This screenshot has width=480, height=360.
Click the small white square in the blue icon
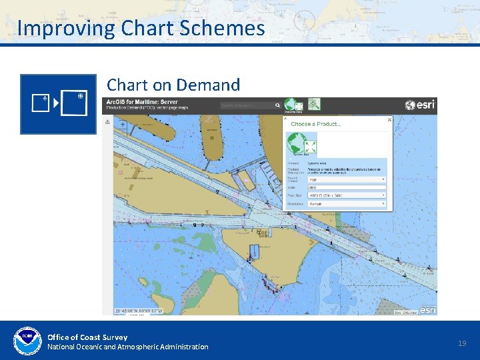pyautogui.click(x=40, y=103)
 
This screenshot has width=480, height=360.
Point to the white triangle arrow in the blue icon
pyautogui.click(x=56, y=104)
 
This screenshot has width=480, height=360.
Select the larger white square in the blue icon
pyautogui.click(x=73, y=103)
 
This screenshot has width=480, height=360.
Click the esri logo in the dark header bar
pyautogui.click(x=420, y=105)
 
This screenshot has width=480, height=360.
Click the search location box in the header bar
pyautogui.click(x=250, y=105)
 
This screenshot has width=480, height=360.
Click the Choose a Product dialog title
pyautogui.click(x=316, y=124)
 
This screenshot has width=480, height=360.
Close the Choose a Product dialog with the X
pyautogui.click(x=390, y=120)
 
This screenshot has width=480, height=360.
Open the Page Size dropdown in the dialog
pyautogui.click(x=347, y=195)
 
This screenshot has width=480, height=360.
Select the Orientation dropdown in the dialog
pyautogui.click(x=347, y=204)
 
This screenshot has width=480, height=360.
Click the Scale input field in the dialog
pyautogui.click(x=347, y=187)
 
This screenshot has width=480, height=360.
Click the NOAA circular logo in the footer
pyautogui.click(x=27, y=341)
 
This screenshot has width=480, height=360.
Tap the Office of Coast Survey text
pyautogui.click(x=87, y=337)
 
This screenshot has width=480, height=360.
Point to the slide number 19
pyautogui.click(x=462, y=343)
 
